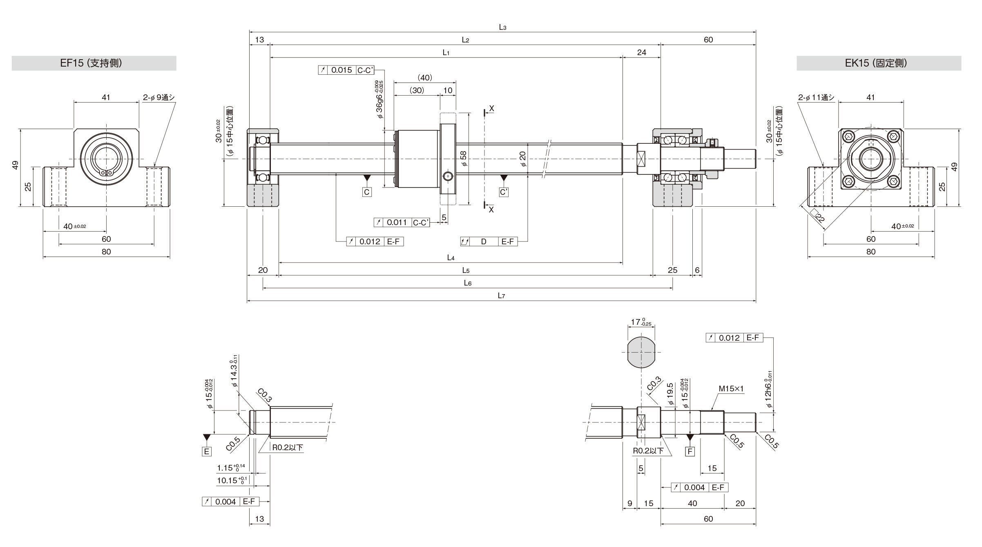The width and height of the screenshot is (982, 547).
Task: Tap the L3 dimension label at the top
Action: point(502,27)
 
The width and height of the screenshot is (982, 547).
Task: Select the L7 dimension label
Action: point(501,296)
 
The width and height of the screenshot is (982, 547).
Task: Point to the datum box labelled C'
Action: point(504,192)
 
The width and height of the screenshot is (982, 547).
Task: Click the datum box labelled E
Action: point(207,451)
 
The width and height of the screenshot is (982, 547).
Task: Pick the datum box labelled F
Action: point(690,451)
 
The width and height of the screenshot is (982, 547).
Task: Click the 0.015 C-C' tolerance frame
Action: point(346,70)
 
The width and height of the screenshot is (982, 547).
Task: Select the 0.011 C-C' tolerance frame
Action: point(402,222)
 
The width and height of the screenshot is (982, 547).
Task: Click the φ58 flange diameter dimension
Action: point(463,159)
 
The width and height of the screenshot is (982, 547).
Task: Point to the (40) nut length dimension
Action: point(425,78)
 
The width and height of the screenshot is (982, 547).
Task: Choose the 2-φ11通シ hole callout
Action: point(816,97)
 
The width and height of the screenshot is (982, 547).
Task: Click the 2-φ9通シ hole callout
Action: point(158,97)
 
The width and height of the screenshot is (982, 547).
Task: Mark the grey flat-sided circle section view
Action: point(641,353)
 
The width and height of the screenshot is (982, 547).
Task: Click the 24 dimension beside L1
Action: point(641,52)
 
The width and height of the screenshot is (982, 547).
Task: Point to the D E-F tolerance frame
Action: point(489,241)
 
